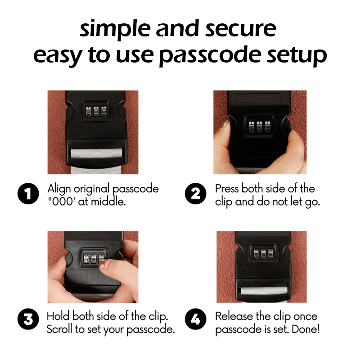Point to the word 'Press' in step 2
pos(227,189)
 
